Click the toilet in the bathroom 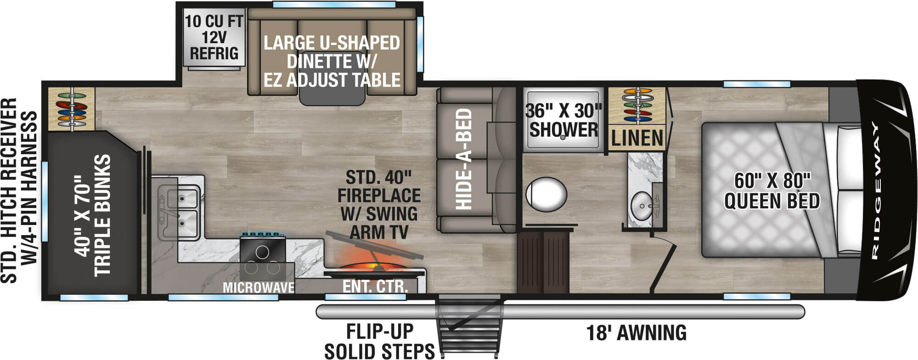[546, 195]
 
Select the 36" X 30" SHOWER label [563, 120]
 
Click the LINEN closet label [637, 138]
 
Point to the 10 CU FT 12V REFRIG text [214, 37]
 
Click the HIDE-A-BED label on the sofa [464, 159]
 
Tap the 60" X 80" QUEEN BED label [772, 191]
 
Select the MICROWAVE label [259, 288]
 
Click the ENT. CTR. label [375, 287]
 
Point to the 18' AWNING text [636, 332]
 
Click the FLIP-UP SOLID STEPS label [379, 341]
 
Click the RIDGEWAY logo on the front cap [876, 191]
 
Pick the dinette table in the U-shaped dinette [332, 94]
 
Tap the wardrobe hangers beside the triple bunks [72, 109]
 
